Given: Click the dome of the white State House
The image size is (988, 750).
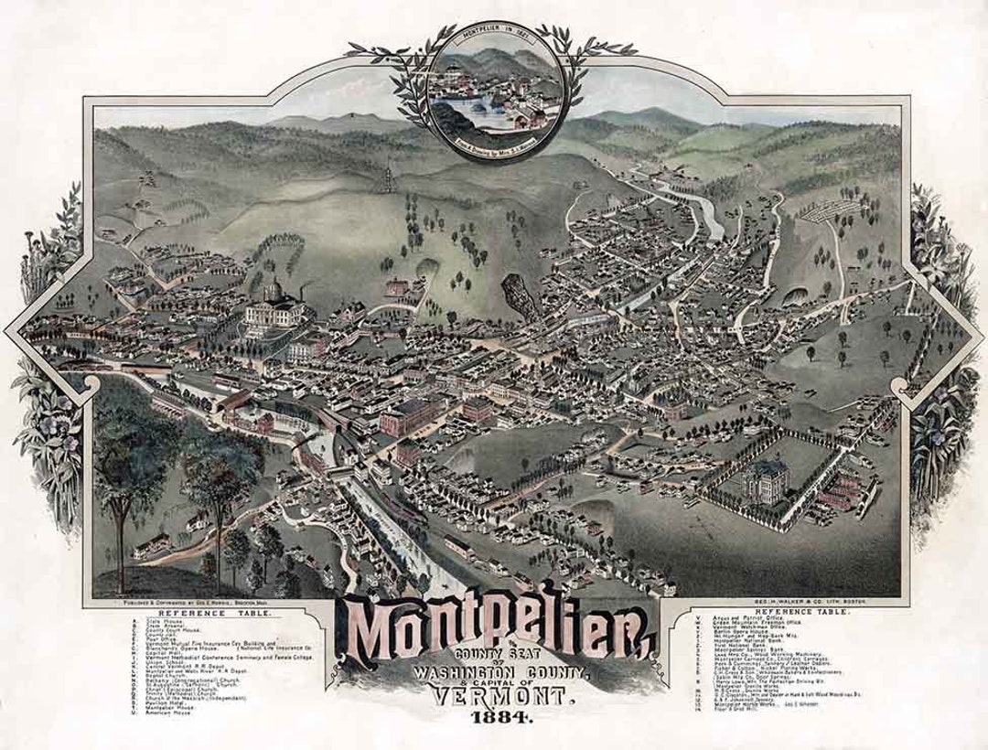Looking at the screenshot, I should [272, 292].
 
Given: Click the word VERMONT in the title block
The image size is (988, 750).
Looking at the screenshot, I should [495, 696].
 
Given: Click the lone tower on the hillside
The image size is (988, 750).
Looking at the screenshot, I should [388, 173].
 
